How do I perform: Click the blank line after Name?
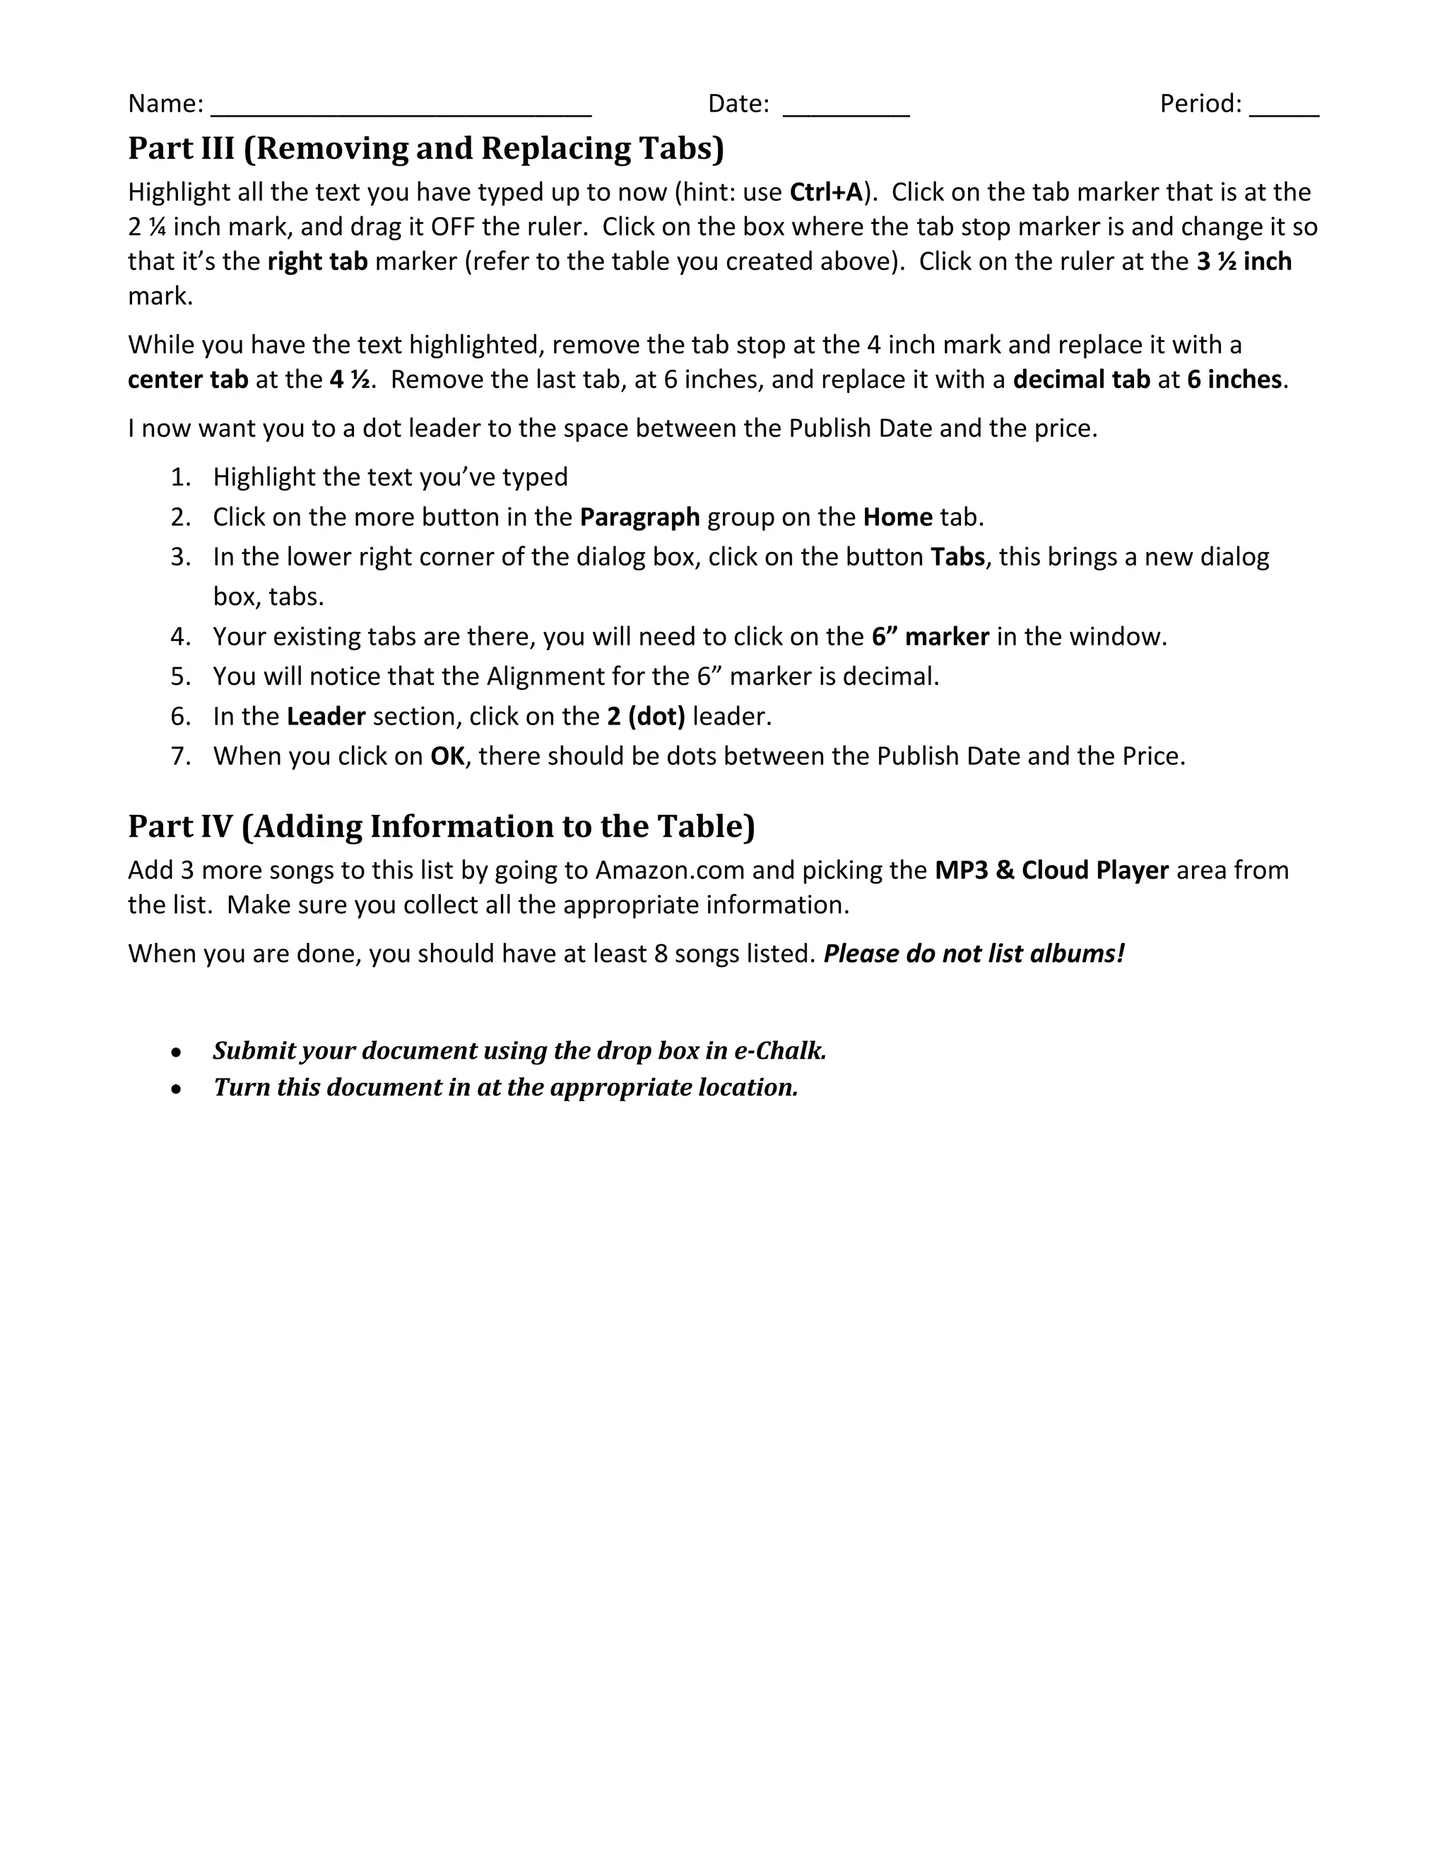(x=401, y=106)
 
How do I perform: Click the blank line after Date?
(x=845, y=106)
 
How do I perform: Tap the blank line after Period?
(x=1283, y=106)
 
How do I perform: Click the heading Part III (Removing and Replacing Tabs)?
(x=426, y=148)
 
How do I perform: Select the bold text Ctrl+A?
(x=825, y=192)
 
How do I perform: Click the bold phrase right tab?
(x=317, y=262)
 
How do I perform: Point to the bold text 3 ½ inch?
(x=1244, y=262)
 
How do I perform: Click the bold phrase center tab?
(x=188, y=379)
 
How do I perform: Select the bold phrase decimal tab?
(x=1081, y=379)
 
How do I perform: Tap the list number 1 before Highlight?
(x=180, y=477)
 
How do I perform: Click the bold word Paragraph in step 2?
(x=639, y=517)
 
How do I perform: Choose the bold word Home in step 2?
(x=897, y=517)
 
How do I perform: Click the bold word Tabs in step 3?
(x=957, y=556)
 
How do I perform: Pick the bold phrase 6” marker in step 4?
(x=930, y=636)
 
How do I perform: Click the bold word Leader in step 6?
(x=326, y=716)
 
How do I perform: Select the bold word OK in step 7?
(x=447, y=756)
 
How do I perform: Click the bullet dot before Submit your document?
(x=176, y=1052)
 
